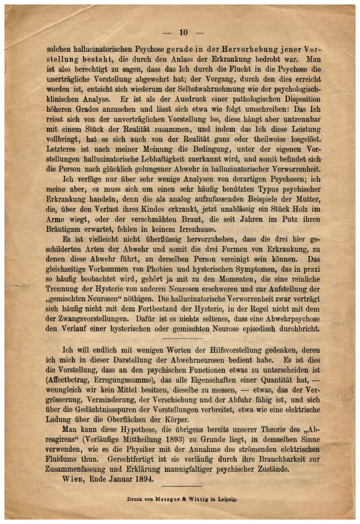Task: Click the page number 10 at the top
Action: click(x=183, y=32)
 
